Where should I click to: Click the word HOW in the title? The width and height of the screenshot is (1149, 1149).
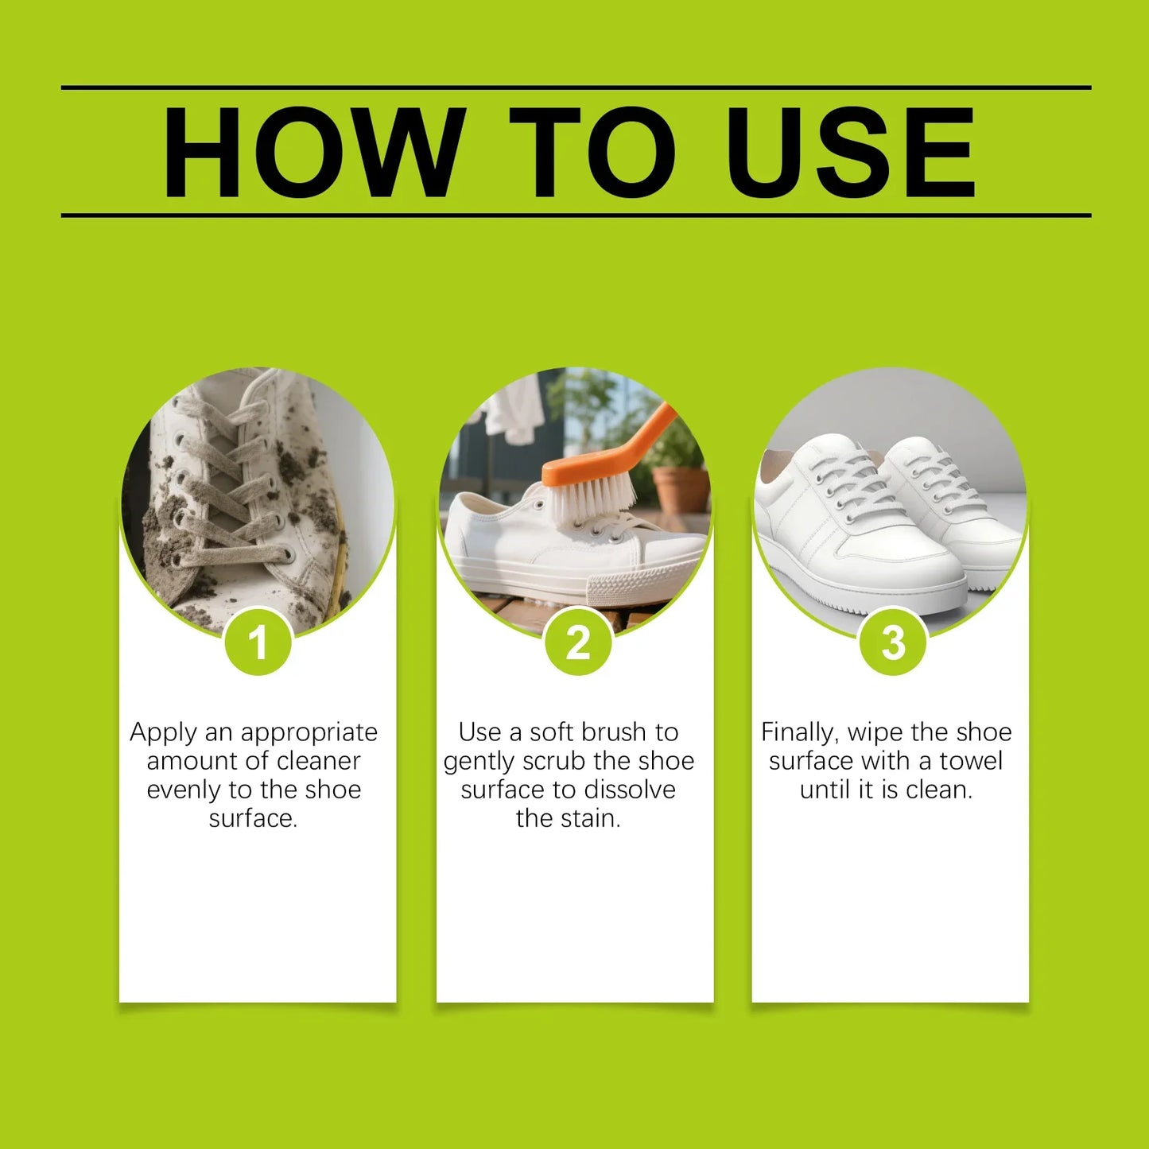(x=314, y=152)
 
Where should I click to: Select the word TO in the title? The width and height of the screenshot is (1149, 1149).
(x=593, y=152)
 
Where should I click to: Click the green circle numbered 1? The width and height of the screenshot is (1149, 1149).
(x=258, y=642)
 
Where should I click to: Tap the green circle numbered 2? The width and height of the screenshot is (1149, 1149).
(x=578, y=642)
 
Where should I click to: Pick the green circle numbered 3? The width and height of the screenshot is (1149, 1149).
(x=893, y=642)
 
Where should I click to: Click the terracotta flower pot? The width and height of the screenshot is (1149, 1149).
(x=681, y=492)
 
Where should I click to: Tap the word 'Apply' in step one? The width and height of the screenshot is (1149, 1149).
(x=163, y=733)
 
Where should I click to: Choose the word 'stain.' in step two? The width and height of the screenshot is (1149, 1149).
(x=590, y=819)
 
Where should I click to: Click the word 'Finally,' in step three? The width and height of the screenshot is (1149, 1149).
(x=800, y=733)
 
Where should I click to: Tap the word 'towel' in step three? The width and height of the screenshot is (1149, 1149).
(x=972, y=761)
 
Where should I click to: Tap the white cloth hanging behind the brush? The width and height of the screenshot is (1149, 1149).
(x=514, y=411)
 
